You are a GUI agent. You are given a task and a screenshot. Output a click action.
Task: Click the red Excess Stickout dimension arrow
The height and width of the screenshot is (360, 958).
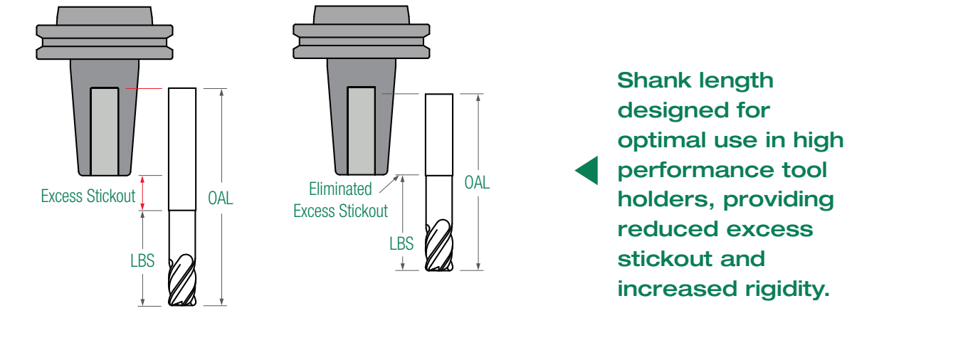142,193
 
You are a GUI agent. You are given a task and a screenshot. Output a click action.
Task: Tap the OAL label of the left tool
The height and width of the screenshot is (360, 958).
220,198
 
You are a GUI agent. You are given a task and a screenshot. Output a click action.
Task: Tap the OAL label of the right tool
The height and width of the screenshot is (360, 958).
477,183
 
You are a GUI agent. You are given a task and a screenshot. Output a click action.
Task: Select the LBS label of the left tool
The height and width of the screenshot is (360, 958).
142,260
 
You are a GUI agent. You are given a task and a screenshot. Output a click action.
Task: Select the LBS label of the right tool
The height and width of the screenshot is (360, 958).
401,243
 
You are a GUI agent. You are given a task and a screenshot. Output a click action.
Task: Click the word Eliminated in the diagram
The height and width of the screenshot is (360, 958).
340,189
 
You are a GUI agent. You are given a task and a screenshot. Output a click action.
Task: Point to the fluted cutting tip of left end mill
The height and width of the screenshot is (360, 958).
182,280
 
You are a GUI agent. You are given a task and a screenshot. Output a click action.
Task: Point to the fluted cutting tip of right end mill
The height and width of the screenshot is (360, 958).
439,245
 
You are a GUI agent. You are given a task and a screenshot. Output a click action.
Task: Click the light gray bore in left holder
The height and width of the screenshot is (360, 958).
105,131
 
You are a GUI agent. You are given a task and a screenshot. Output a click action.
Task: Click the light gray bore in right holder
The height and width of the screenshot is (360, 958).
362,130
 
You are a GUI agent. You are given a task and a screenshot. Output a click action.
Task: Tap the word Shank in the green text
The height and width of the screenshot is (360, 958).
648,80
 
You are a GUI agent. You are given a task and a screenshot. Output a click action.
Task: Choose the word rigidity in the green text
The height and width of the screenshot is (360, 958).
787,290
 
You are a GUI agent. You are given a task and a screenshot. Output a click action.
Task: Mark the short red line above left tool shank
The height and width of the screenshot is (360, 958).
144,88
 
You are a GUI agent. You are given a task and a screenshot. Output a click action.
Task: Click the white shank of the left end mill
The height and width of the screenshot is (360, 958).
182,149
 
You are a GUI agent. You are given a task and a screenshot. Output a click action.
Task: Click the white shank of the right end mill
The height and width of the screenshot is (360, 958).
439,134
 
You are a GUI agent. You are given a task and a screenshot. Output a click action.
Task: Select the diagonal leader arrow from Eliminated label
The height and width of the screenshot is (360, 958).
389,184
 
